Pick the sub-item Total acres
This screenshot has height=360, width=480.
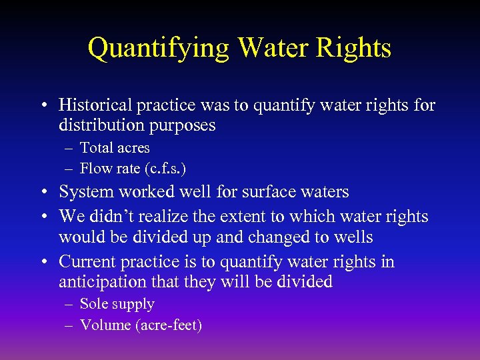click(x=115, y=148)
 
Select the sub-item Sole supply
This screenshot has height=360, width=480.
click(x=117, y=305)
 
